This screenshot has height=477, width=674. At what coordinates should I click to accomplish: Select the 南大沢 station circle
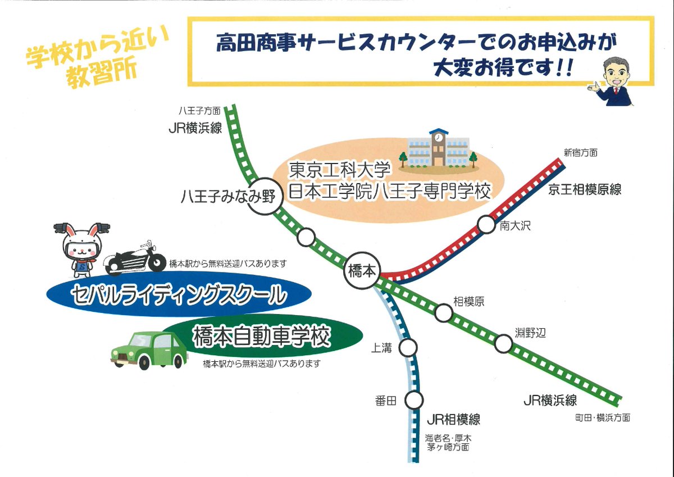486,224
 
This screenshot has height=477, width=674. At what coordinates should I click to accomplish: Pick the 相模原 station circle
444,313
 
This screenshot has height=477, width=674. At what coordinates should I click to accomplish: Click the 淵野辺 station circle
504,344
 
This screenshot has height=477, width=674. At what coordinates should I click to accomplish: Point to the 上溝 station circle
408,347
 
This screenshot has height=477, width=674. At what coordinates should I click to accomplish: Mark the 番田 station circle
414,401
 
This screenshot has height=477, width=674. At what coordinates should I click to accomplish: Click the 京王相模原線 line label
585,189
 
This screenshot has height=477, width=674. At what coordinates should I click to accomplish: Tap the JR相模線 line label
453,419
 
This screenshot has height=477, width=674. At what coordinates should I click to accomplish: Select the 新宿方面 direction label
581,152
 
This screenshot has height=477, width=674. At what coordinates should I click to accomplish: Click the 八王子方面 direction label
199,112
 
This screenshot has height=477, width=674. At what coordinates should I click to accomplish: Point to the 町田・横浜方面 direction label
602,417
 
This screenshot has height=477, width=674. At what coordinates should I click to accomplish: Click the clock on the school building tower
438,137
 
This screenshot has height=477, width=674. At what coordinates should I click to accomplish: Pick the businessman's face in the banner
617,74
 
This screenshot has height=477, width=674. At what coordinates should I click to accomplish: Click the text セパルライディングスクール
178,294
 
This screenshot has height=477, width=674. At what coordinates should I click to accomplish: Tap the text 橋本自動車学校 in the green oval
261,338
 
